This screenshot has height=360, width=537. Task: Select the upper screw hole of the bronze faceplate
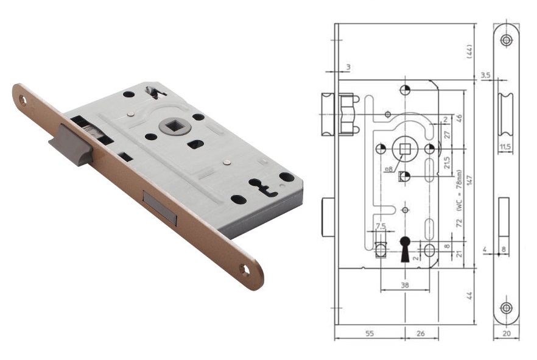[23, 100]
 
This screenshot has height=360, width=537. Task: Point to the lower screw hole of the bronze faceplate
[245, 270]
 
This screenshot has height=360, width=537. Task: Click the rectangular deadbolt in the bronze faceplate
[160, 208]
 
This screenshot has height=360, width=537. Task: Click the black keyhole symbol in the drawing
[405, 249]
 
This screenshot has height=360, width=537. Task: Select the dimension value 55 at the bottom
[370, 333]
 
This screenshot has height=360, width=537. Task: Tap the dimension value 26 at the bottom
[421, 333]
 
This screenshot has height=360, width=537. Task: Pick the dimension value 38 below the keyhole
[405, 284]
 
